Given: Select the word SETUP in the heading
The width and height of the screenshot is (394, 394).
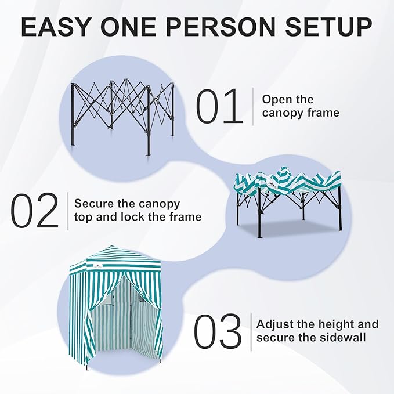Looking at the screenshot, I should point(331,27).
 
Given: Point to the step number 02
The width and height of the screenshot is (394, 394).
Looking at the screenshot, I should point(35,211).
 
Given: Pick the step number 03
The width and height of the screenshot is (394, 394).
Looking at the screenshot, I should point(217,332).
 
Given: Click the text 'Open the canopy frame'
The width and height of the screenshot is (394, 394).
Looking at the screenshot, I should point(300,106).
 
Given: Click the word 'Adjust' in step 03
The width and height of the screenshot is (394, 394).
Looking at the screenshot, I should point(275,324).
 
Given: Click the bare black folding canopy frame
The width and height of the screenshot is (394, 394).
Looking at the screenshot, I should point(122,113).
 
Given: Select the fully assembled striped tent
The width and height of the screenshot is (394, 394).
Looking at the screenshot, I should point(116,308).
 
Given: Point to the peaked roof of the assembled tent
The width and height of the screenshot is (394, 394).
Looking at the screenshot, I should point(116,255).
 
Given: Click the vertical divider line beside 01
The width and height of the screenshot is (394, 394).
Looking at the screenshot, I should point(253,106).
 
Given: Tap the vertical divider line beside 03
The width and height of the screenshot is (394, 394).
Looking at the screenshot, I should point(251,331).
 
